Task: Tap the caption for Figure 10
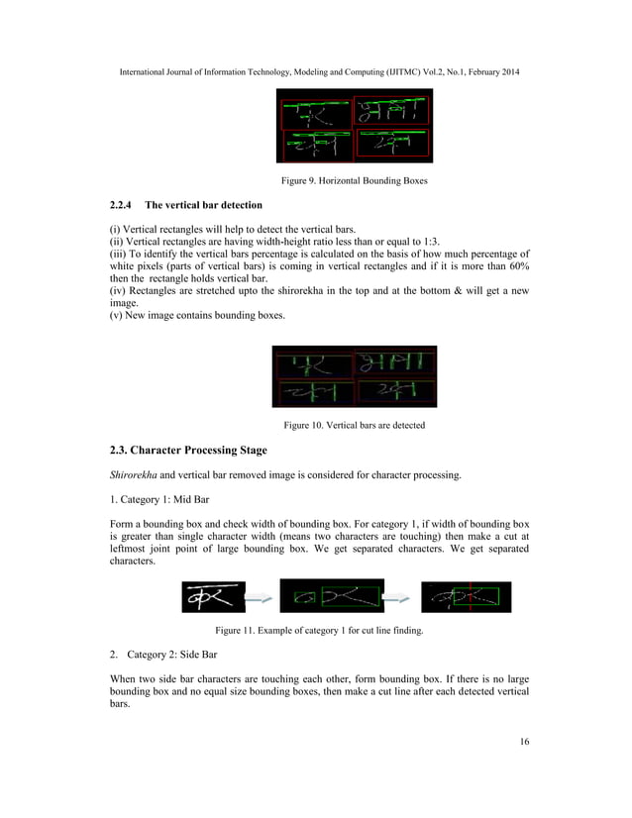pyautogui.click(x=354, y=425)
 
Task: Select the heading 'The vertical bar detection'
pyautogui.click(x=203, y=205)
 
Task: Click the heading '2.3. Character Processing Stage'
pyautogui.click(x=187, y=451)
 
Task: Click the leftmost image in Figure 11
pyautogui.click(x=213, y=597)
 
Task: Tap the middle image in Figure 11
pyautogui.click(x=332, y=597)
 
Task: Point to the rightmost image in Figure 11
pyautogui.click(x=466, y=597)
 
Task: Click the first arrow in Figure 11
pyautogui.click(x=262, y=598)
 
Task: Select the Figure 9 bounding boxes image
pyautogui.click(x=354, y=126)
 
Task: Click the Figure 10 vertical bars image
pyautogui.click(x=354, y=377)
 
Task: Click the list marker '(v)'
pyautogui.click(x=116, y=316)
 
